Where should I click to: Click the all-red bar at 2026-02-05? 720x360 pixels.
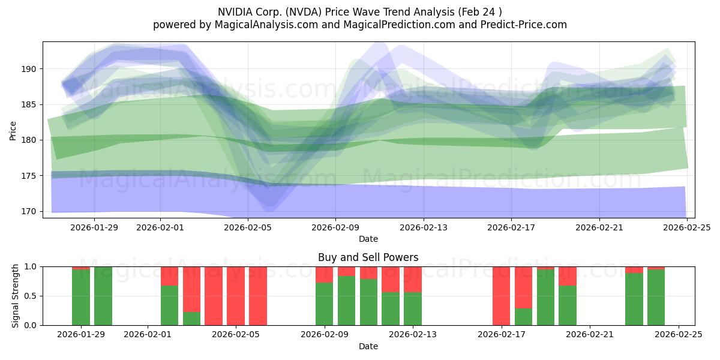click(x=236, y=296)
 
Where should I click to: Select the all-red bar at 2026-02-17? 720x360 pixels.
click(x=501, y=296)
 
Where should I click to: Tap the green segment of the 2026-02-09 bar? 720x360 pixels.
click(x=324, y=304)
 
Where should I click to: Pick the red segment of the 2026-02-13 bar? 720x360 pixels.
click(x=413, y=279)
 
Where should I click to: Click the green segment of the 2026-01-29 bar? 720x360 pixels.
click(x=81, y=298)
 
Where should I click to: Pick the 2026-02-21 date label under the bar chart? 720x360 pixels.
click(x=590, y=335)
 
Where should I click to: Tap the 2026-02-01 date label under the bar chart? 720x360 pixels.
click(x=148, y=335)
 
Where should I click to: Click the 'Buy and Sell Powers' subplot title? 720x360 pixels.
click(x=368, y=257)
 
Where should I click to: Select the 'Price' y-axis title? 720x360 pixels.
click(x=13, y=130)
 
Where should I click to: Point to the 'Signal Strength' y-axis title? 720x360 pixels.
click(x=16, y=296)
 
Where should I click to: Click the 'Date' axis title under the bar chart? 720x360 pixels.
click(x=368, y=346)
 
